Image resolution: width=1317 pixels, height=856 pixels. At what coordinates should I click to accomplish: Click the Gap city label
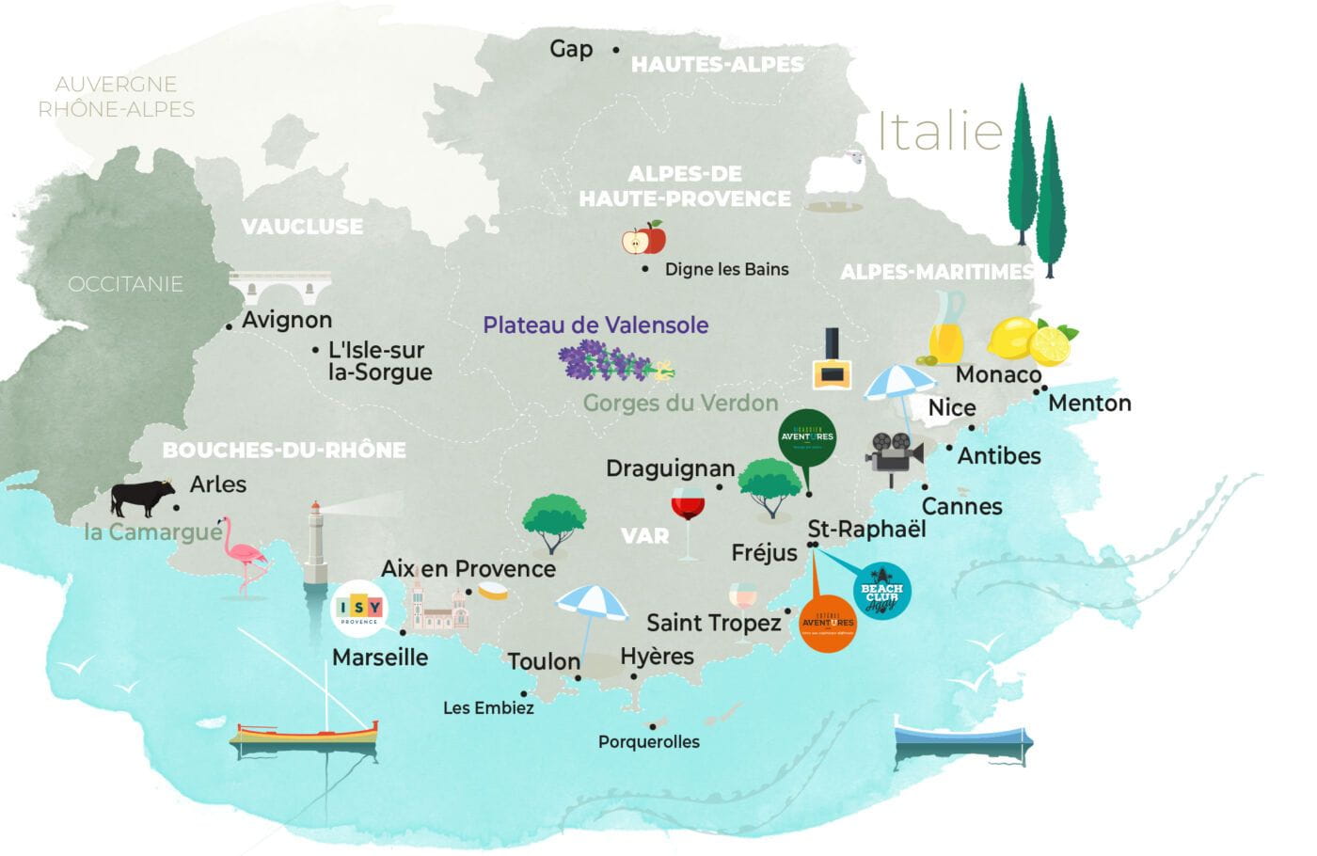pos(571,49)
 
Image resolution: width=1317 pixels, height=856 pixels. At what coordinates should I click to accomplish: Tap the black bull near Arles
pos(142,499)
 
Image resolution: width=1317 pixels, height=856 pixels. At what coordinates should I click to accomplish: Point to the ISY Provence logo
pos(359,610)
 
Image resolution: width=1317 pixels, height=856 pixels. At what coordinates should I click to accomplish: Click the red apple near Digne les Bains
pos(643,238)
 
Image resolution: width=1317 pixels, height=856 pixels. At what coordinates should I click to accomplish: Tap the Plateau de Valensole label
pos(595,325)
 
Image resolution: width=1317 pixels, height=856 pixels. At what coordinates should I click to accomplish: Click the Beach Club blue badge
pos(881,591)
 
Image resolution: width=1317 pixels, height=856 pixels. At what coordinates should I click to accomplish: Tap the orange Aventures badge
pos(827,620)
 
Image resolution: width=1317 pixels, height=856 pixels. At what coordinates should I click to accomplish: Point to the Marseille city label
pos(380,658)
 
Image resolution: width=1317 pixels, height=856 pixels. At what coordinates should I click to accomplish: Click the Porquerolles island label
pos(649,742)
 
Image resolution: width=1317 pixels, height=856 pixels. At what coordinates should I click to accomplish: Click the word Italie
pos(940,131)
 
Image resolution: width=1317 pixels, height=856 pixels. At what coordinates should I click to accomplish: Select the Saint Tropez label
pos(713,623)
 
